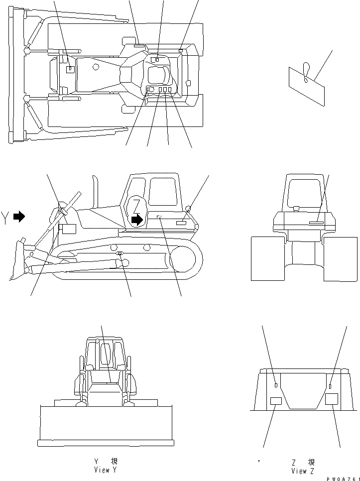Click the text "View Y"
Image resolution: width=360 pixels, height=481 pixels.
click(105, 470)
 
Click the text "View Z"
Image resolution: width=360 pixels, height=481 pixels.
click(303, 471)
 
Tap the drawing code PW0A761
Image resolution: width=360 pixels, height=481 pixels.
click(344, 478)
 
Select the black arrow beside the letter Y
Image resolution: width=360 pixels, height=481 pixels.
click(19, 217)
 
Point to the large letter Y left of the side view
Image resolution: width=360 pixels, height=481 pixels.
click(5, 218)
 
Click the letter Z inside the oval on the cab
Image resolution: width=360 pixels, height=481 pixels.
click(136, 204)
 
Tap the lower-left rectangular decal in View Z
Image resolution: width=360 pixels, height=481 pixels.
click(275, 401)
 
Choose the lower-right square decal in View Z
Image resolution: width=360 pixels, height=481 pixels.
click(331, 399)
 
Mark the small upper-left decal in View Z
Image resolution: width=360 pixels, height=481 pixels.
click(276, 384)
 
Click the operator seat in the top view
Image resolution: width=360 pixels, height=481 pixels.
click(158, 75)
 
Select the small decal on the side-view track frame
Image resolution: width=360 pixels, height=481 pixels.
click(120, 254)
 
